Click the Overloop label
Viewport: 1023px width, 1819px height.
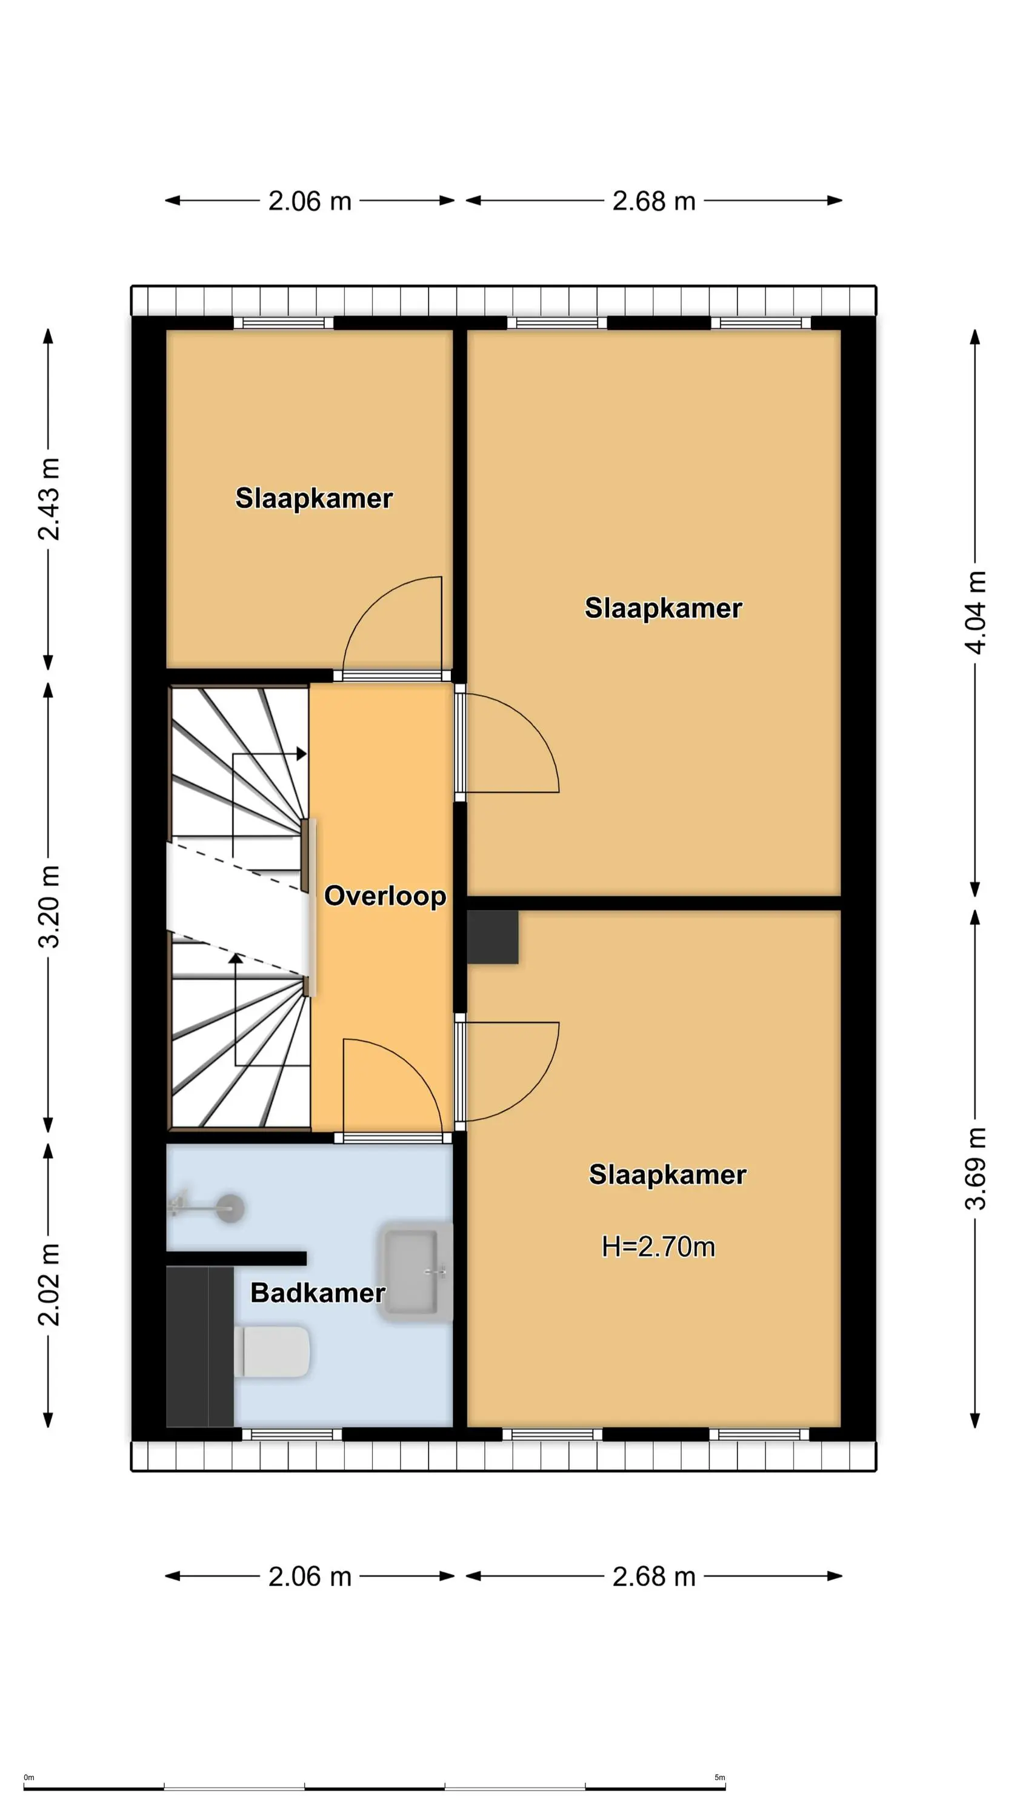pos(385,896)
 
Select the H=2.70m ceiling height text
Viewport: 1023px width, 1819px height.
pos(658,1247)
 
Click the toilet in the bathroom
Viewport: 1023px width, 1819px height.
pos(272,1352)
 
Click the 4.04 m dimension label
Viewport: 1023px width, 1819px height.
pos(976,612)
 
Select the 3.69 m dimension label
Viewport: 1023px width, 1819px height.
pos(976,1168)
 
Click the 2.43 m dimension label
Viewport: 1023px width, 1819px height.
pos(48,498)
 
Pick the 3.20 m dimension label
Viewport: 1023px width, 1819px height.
pos(48,906)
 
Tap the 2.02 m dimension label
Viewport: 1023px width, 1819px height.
pos(48,1284)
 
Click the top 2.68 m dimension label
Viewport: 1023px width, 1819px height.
pos(654,201)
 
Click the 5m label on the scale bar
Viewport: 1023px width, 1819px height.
pos(719,1777)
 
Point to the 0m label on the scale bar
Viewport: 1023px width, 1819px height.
pos(29,1777)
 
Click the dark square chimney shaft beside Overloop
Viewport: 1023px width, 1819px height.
pos(493,937)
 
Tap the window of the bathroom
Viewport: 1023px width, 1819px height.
pos(292,1434)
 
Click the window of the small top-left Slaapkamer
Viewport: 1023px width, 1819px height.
pos(284,323)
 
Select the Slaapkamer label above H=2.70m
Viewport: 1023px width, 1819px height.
pos(667,1175)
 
